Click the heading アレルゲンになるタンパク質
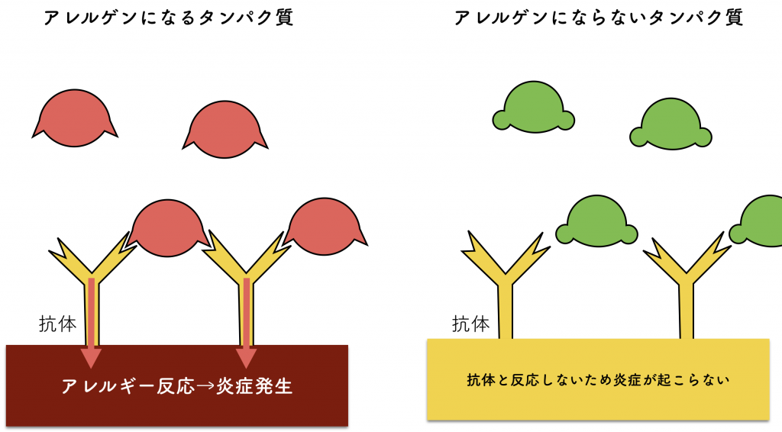click(169, 18)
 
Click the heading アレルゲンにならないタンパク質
click(599, 18)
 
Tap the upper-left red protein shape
click(75, 118)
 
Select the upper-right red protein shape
click(225, 130)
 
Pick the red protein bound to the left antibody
click(167, 228)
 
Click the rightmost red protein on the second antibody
click(325, 227)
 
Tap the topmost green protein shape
click(534, 107)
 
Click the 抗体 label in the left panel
click(58, 324)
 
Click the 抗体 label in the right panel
click(470, 324)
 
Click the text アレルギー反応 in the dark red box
click(128, 387)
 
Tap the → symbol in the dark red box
click(205, 387)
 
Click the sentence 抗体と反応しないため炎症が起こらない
click(598, 380)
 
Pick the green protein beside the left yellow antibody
click(596, 221)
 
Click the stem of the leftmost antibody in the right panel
click(506, 311)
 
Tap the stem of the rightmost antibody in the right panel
click(687, 311)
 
